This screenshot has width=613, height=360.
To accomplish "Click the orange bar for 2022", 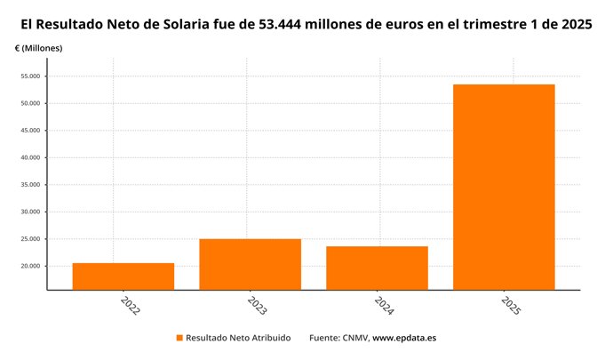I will (x=123, y=276).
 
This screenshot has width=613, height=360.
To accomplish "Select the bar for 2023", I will (x=250, y=264).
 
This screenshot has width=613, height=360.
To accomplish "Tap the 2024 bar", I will (x=377, y=268).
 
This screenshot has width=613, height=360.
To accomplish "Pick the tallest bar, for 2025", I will (x=504, y=187).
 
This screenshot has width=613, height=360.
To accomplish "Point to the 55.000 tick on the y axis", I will (x=30, y=76).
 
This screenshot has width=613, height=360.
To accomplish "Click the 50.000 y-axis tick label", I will (x=30, y=103).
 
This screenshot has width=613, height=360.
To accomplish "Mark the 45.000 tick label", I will (x=30, y=131).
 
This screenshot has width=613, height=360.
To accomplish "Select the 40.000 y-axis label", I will (x=30, y=157).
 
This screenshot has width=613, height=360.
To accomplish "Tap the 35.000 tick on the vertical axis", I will (x=30, y=185).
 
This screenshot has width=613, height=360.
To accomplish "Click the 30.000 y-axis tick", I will (x=30, y=212).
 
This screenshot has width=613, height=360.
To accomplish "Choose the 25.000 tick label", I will (x=30, y=239).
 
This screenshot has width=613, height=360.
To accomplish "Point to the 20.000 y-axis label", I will (x=30, y=267).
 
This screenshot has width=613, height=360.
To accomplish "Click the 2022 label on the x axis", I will (x=130, y=307).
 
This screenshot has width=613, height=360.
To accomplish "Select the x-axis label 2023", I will (x=257, y=307).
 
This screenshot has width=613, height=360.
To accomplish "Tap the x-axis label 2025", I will (x=511, y=307).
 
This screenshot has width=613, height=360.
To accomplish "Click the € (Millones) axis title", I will (x=38, y=48).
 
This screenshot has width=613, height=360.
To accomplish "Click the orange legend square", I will (x=179, y=338).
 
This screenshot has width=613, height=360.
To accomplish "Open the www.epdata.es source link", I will (x=403, y=338).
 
